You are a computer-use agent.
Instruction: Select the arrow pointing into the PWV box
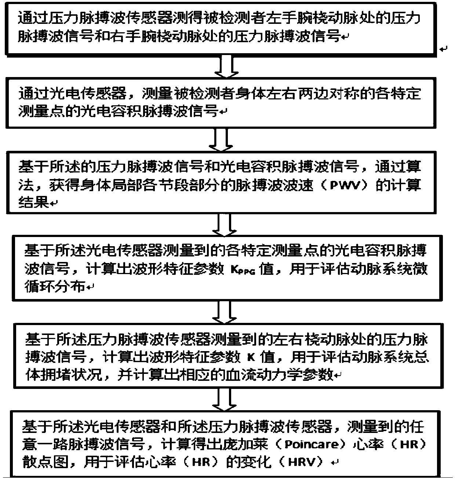pos(222,141)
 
